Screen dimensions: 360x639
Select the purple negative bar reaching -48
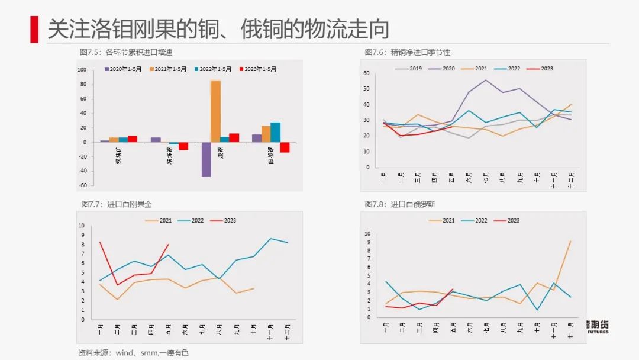[206, 159]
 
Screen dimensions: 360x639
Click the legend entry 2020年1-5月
[123, 69]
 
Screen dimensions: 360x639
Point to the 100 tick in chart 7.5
[82, 70]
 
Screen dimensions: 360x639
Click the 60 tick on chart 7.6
[367, 73]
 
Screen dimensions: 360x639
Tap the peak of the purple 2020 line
[486, 80]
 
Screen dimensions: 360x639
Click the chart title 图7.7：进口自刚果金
[116, 204]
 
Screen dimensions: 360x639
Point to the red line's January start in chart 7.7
[100, 242]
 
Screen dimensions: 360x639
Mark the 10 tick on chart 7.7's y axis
[82, 226]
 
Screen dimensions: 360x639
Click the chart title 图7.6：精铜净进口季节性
[407, 53]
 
